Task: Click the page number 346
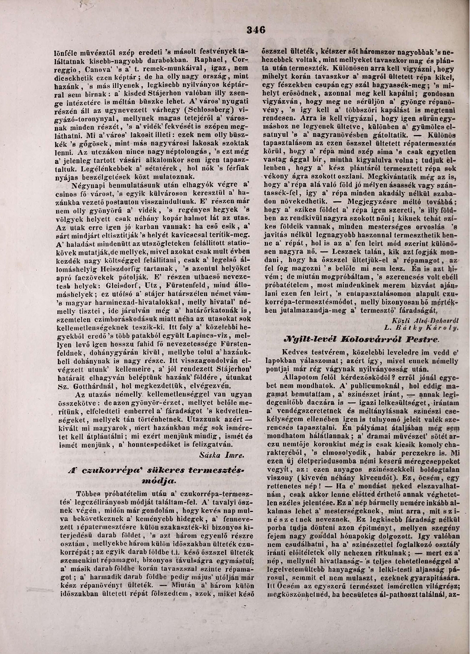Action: pos(256,30)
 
